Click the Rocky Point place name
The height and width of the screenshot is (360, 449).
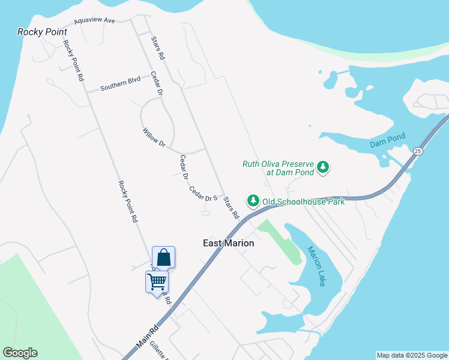42,31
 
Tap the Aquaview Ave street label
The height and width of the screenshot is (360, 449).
94,21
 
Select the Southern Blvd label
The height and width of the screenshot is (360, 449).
120,83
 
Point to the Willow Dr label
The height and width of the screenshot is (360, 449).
154,137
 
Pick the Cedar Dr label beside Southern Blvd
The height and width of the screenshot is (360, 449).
157,83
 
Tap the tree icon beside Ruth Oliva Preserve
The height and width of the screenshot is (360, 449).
324,167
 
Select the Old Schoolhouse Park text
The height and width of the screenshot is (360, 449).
303,202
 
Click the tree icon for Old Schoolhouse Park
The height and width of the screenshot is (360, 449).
253,200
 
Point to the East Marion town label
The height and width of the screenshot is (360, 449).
228,243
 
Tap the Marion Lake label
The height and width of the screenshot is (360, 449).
316,266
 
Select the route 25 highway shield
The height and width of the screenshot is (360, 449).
418,151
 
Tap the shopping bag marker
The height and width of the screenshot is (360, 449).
163,258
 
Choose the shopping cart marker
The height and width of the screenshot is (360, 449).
157,281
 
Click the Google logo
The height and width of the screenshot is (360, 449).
20,353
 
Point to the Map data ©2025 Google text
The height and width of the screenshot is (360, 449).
412,355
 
